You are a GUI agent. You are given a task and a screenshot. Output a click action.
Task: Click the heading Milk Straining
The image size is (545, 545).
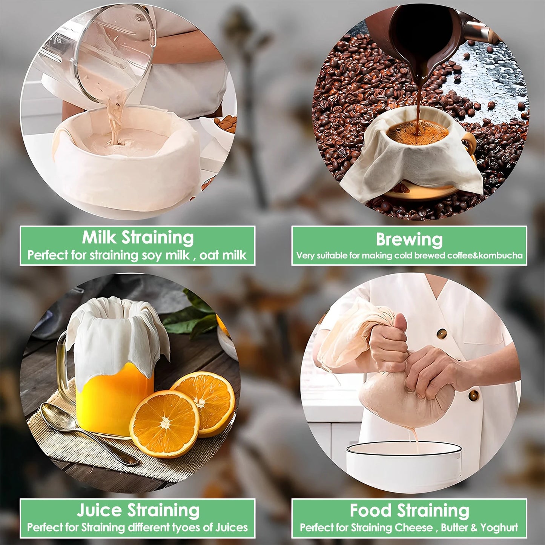tap(138, 238)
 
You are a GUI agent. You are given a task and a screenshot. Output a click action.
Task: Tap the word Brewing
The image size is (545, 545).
tap(409, 239)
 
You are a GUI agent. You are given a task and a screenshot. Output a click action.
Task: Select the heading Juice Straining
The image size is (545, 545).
tap(138, 510)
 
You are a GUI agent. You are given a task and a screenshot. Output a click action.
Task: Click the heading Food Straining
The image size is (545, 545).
tap(409, 511)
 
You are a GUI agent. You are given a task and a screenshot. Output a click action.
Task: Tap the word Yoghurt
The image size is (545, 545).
tap(499, 528)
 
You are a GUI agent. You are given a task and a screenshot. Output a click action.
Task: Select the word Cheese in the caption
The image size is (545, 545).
tap(411, 528)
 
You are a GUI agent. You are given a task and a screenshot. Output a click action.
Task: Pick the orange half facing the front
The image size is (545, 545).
tap(164, 424)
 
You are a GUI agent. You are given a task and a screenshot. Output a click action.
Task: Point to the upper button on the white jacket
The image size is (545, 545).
tap(442, 333)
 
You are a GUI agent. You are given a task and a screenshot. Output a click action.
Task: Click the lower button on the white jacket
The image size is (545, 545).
tap(474, 395)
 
